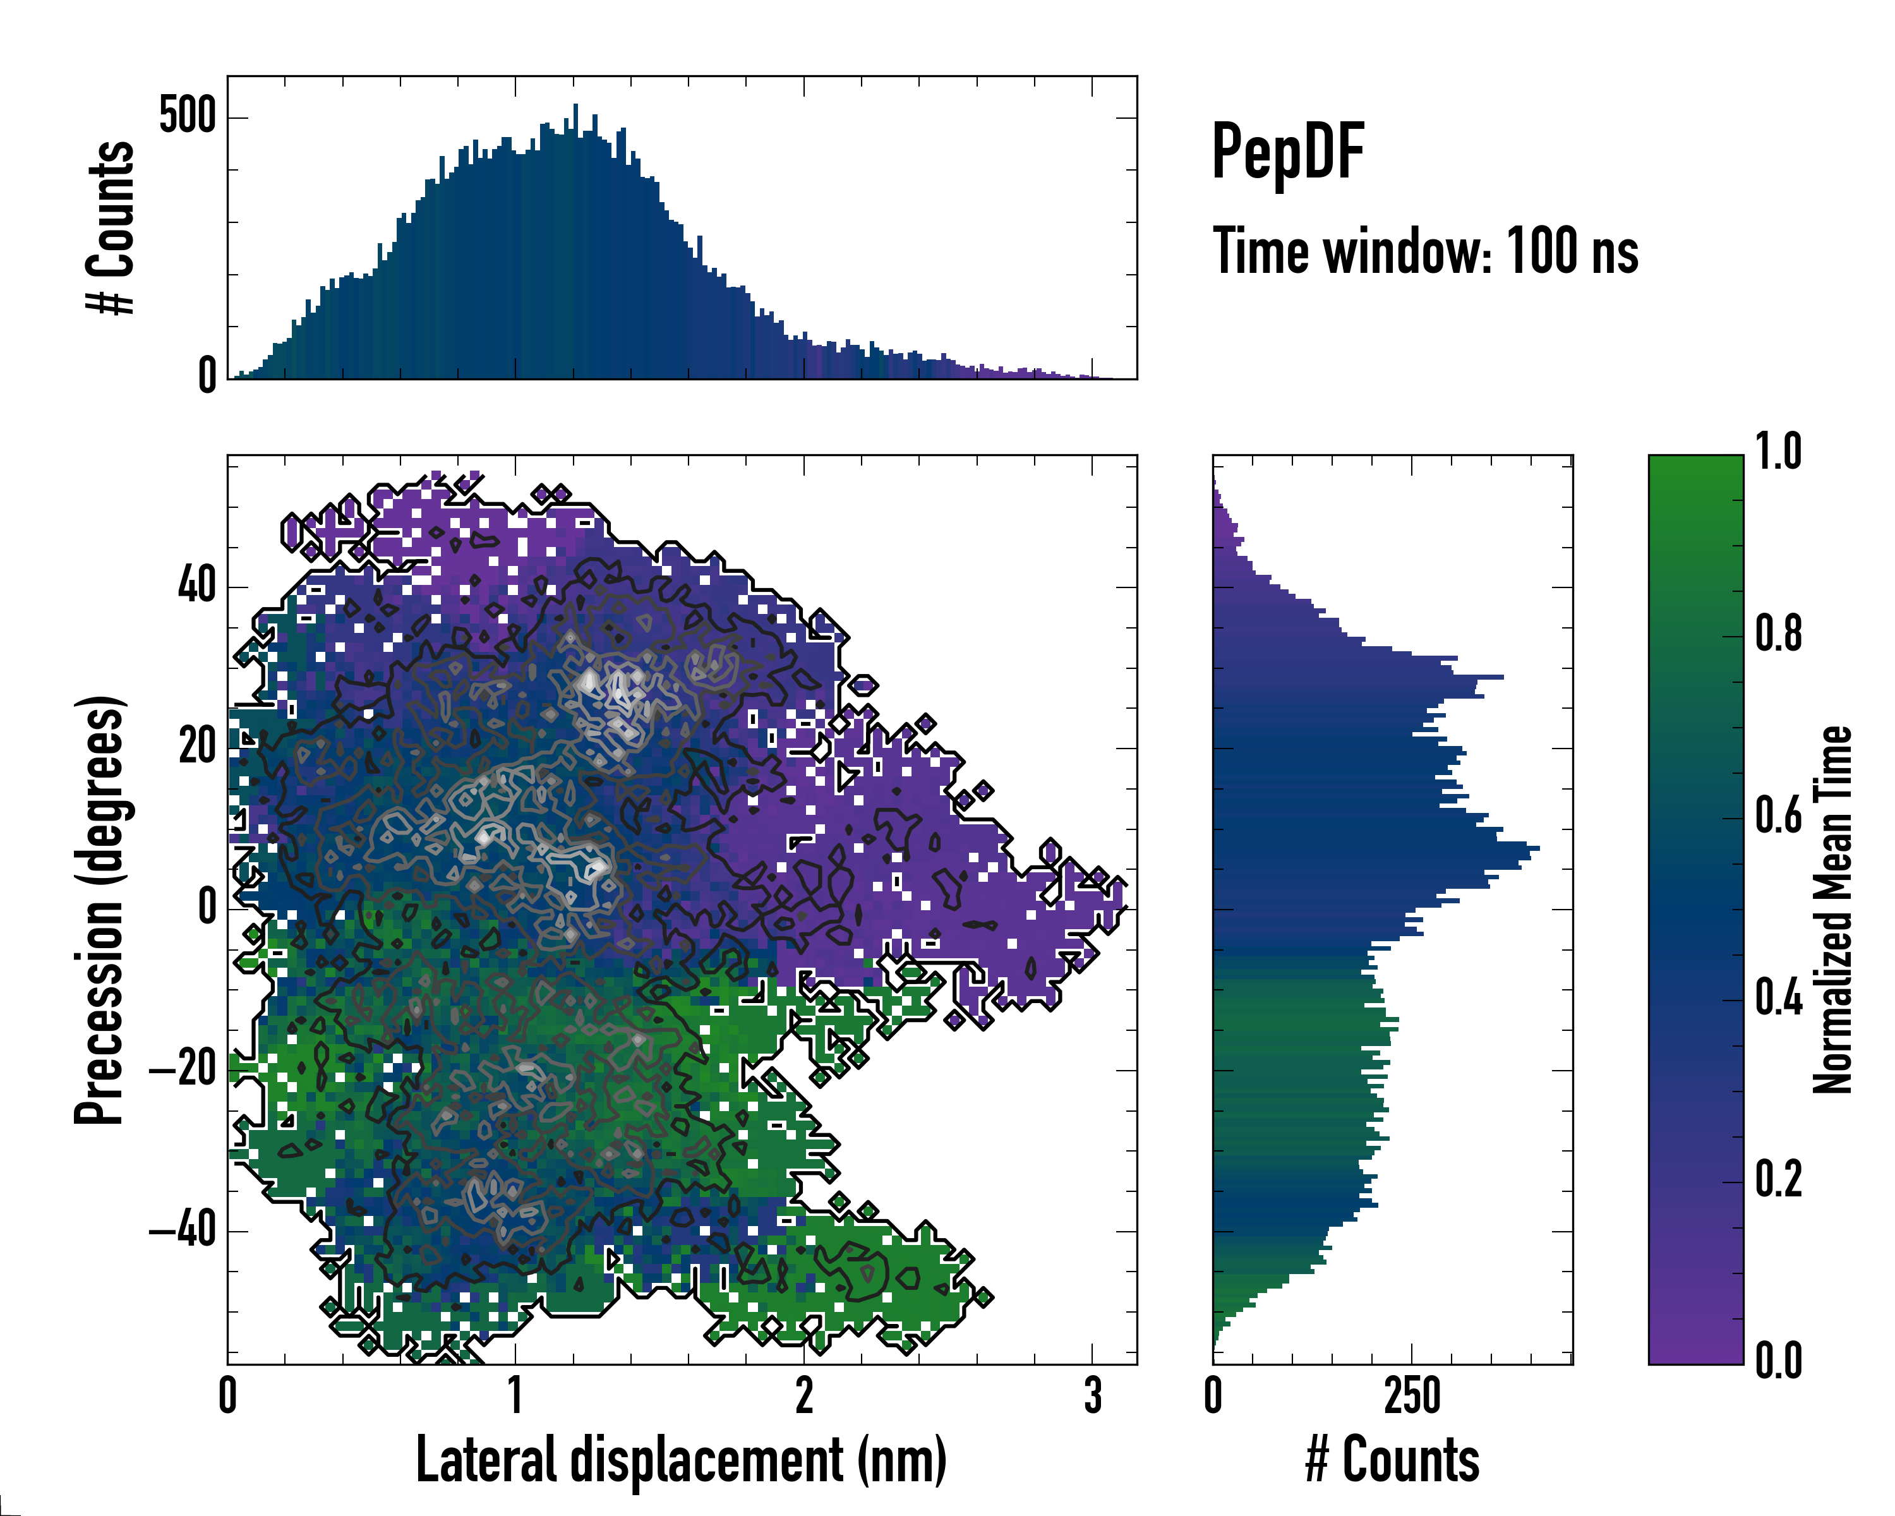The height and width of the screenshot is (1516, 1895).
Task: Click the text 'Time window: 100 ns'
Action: (1425, 251)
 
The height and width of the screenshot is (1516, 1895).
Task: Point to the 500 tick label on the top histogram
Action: (187, 116)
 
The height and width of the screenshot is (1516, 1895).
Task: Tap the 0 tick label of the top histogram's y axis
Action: (207, 376)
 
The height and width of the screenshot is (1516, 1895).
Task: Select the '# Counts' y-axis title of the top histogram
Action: (111, 227)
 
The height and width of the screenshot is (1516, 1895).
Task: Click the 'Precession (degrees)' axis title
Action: (99, 910)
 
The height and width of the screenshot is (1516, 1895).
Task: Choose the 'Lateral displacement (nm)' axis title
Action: (681, 1460)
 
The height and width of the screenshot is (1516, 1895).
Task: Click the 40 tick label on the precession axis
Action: (197, 586)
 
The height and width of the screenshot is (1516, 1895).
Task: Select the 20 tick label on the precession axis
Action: (197, 747)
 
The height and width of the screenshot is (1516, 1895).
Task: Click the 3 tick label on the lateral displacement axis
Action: (1093, 1395)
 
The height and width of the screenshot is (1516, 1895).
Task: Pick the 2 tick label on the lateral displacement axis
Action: (804, 1395)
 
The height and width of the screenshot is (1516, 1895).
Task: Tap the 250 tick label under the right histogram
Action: (1412, 1395)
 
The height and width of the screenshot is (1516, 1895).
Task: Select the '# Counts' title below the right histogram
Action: (1392, 1460)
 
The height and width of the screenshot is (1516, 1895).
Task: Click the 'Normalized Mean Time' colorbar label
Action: (1834, 910)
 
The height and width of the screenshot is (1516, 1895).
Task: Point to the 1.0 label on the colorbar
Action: (1778, 453)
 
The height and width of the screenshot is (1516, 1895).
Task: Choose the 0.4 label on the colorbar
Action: (1778, 999)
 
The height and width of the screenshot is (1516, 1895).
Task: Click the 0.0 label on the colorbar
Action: (1778, 1361)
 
